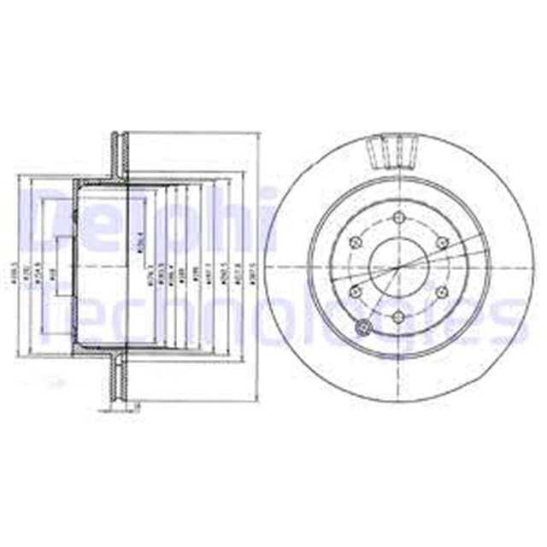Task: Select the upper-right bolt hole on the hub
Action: [442, 243]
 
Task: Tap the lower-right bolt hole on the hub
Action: [442, 292]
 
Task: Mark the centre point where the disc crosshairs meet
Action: [399, 267]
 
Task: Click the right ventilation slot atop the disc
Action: [410, 154]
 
